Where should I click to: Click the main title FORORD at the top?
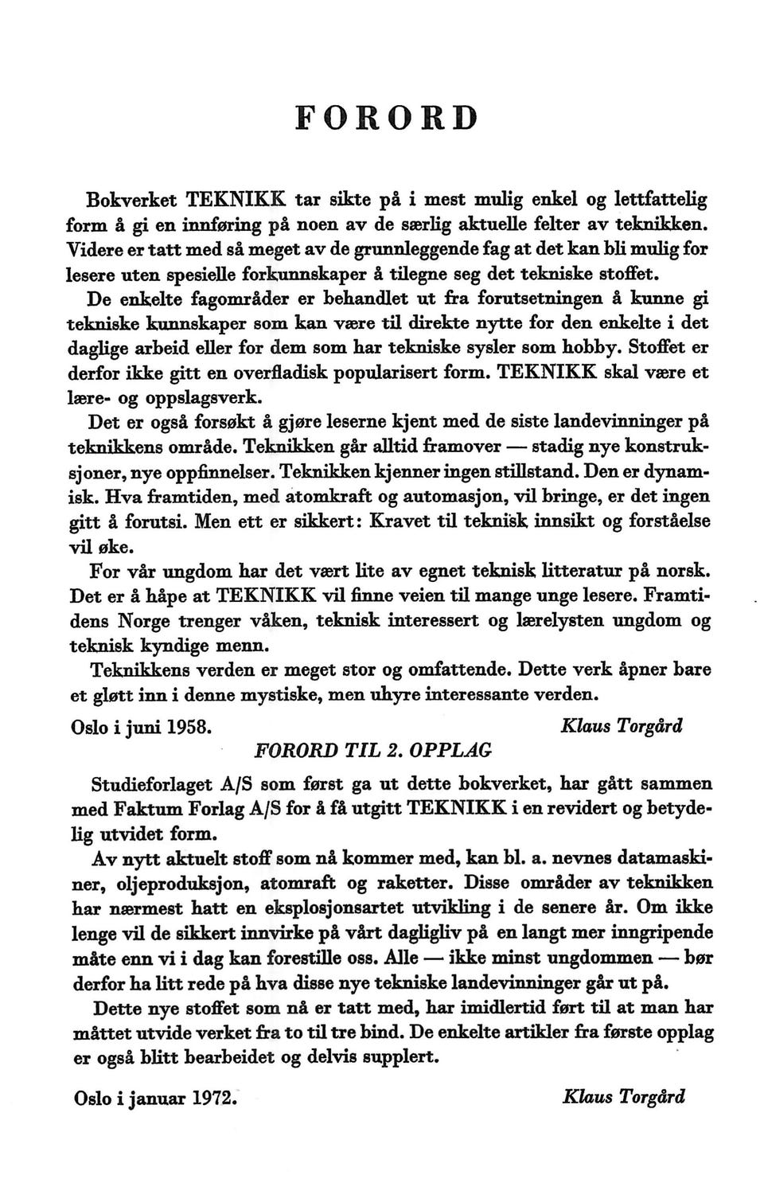click(x=386, y=116)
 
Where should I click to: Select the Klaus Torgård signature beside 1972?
click(x=623, y=1096)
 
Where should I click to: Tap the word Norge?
click(x=150, y=621)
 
